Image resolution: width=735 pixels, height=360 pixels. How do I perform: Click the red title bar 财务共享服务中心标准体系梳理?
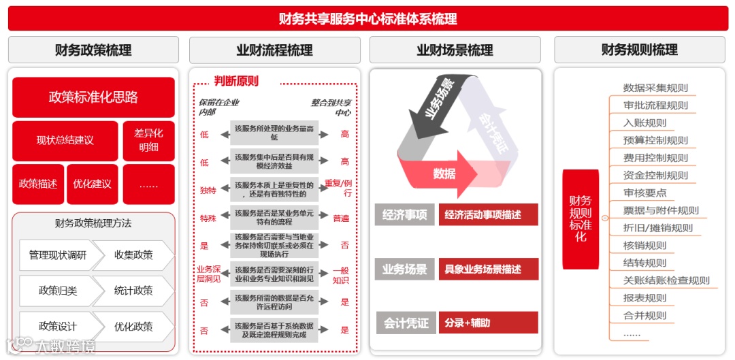coord(367,18)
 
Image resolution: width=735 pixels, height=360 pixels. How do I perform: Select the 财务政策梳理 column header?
coord(93,50)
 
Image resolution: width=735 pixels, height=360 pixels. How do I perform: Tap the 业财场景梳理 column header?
coord(455,50)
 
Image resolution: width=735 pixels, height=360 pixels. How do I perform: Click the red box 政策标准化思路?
coord(93,97)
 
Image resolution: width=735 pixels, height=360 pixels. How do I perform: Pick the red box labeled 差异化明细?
coord(148,140)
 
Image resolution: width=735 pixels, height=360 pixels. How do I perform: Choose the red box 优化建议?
coord(93,184)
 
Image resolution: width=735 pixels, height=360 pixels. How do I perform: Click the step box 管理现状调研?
coord(57,255)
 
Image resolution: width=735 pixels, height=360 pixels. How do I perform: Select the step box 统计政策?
coord(133,291)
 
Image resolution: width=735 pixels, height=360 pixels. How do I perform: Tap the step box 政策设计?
coord(57,326)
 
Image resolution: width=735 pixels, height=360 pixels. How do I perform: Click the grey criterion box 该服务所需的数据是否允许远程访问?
coord(274,302)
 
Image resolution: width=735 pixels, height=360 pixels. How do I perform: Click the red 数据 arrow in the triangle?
coord(444,174)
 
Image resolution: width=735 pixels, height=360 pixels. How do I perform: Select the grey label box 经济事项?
coord(404,215)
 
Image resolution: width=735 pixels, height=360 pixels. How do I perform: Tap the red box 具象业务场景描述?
coord(488,269)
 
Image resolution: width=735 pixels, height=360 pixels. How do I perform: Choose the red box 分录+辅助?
coord(488,323)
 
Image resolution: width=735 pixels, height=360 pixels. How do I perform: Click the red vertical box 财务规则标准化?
coord(581,218)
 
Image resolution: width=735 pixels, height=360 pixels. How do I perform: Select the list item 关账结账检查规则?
coord(666,280)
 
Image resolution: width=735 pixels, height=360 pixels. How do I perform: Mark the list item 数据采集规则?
coord(655,88)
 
